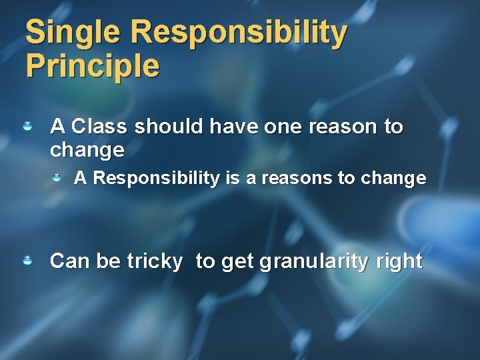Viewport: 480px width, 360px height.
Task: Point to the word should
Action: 163,126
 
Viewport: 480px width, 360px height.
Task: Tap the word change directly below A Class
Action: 87,150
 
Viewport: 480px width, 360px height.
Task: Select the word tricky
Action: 155,261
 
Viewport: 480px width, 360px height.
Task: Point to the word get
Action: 237,261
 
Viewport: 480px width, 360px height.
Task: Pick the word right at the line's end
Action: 399,261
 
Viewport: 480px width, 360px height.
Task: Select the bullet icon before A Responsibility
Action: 59,177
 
